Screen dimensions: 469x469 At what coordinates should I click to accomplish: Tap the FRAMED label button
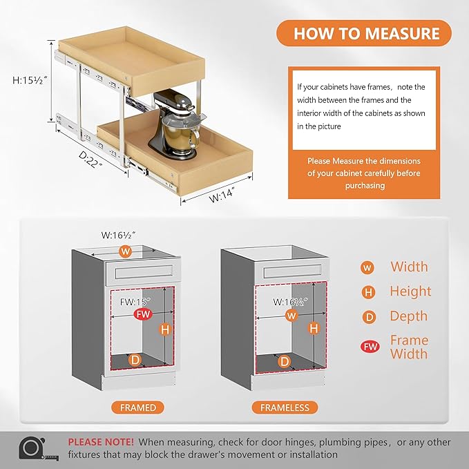(x=137, y=408)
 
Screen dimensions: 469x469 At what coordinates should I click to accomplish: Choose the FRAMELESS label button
(x=285, y=408)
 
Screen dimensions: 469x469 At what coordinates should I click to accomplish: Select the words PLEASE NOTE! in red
(x=101, y=441)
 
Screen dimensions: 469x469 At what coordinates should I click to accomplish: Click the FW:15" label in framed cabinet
(x=135, y=302)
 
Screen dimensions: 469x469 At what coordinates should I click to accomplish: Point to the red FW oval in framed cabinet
(x=142, y=315)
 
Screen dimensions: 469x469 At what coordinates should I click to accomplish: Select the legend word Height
(x=410, y=291)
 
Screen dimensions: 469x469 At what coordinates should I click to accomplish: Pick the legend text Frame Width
(x=409, y=347)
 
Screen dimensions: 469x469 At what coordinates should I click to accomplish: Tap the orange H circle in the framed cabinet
(x=164, y=329)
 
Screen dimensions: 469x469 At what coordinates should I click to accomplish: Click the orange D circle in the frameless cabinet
(x=284, y=361)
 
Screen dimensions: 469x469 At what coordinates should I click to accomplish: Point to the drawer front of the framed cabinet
(x=142, y=273)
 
